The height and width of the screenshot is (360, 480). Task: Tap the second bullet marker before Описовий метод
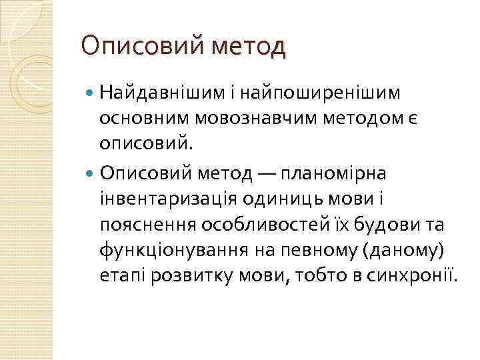coord(91,173)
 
